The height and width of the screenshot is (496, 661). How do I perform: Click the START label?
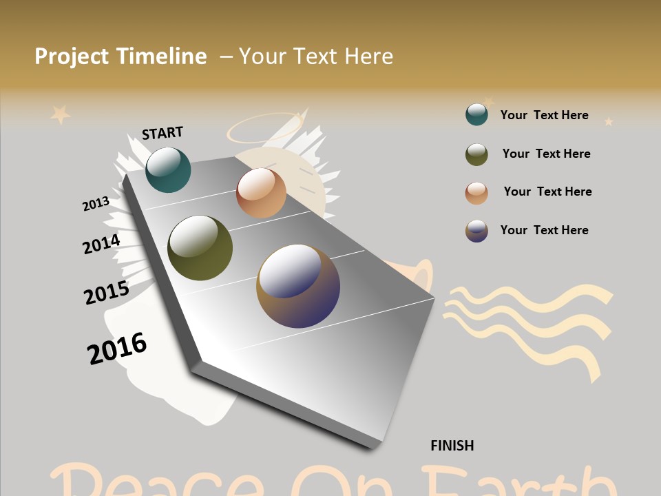pyautogui.click(x=162, y=133)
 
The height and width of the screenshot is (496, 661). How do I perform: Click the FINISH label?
pyautogui.click(x=452, y=446)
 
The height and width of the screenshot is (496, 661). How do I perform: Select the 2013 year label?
pyautogui.click(x=96, y=204)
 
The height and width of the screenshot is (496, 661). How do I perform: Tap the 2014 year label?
pyautogui.click(x=101, y=244)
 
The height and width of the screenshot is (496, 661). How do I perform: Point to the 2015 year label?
pyautogui.click(x=106, y=293)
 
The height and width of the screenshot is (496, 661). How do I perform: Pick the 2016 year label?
pyautogui.click(x=117, y=349)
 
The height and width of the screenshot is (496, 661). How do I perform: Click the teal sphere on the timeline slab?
pyautogui.click(x=168, y=170)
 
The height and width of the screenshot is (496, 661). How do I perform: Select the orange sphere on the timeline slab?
pyautogui.click(x=261, y=193)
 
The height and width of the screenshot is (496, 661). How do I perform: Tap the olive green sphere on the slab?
pyautogui.click(x=200, y=248)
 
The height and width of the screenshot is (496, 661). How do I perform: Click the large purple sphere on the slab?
pyautogui.click(x=298, y=286)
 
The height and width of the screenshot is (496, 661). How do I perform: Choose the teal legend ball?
pyautogui.click(x=476, y=114)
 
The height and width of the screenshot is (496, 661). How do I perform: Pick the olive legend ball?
pyautogui.click(x=476, y=154)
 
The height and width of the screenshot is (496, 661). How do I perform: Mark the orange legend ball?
pyautogui.click(x=476, y=193)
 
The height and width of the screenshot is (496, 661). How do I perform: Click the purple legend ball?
pyautogui.click(x=476, y=231)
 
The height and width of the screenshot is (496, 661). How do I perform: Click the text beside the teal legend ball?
pyautogui.click(x=544, y=115)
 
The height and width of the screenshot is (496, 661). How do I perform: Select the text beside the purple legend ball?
pyautogui.click(x=544, y=230)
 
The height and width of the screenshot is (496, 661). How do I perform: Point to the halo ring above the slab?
pyautogui.click(x=264, y=127)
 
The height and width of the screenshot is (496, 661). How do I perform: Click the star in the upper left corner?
pyautogui.click(x=61, y=114)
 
